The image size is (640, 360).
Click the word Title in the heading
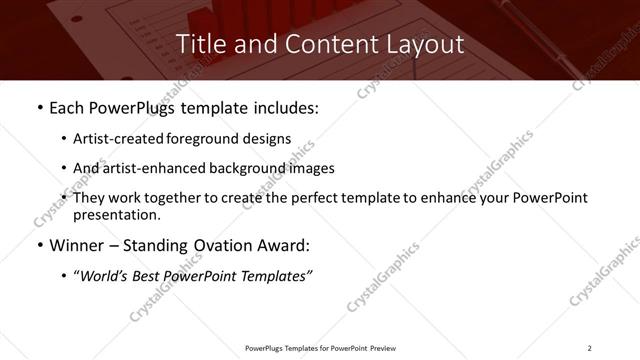(x=201, y=44)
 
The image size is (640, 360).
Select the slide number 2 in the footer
(x=590, y=348)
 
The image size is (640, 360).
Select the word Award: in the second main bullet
(x=285, y=246)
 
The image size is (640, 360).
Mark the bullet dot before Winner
(x=38, y=246)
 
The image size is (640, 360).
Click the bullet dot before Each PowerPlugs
(x=38, y=107)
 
